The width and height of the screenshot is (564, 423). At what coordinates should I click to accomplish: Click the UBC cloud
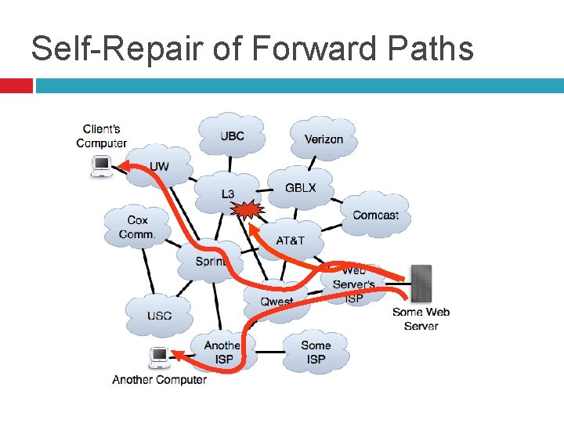232,136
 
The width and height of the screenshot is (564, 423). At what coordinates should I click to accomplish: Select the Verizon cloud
324,139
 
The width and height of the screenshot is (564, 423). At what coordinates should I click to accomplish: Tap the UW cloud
159,166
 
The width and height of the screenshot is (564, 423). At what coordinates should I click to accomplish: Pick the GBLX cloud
300,188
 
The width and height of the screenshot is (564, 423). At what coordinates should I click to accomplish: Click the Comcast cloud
375,215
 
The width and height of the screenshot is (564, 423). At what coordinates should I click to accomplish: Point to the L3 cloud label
227,193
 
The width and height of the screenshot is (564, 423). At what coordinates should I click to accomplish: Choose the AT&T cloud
291,240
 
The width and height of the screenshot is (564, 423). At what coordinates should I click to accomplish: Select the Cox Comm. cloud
137,227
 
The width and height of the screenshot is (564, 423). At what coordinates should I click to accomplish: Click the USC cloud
159,316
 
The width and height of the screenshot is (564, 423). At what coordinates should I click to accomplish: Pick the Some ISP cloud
316,352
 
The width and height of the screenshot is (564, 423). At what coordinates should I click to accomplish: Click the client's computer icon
101,166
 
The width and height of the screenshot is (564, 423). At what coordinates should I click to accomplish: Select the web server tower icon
421,284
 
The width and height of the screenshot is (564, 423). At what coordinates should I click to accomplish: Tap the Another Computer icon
160,357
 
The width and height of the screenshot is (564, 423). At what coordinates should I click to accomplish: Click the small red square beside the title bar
16,85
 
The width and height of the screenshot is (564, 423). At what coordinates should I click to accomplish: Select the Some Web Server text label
421,319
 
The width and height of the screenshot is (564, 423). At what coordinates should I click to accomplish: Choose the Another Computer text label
160,380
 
